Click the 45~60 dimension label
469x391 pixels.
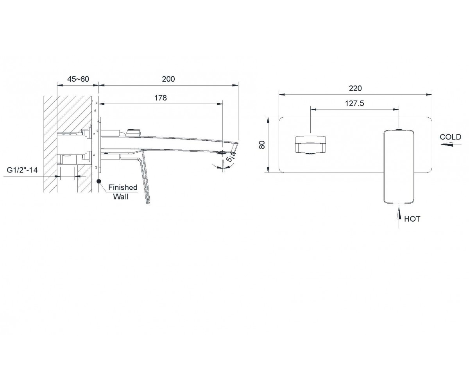(x=79, y=79)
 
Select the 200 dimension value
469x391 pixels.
(x=168, y=79)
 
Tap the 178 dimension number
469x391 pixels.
(x=160, y=98)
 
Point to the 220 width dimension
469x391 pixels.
(x=355, y=88)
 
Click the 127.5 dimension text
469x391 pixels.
(x=354, y=103)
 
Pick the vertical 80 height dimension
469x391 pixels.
(x=262, y=145)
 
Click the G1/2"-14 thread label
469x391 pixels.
(x=22, y=170)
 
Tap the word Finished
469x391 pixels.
(x=123, y=187)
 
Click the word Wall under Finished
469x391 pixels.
(x=121, y=197)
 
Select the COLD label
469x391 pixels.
(x=450, y=137)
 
